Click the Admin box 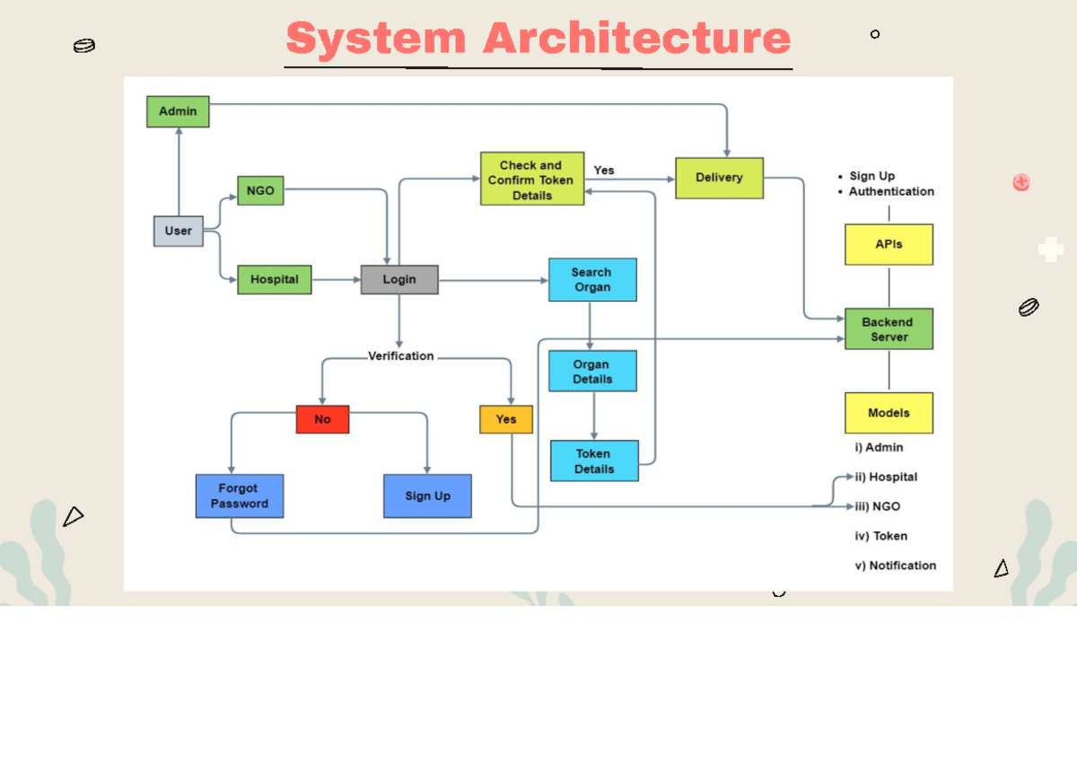(178, 111)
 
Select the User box (178, 231)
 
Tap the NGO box (260, 191)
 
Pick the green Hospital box (274, 279)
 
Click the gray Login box (399, 279)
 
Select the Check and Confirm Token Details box (531, 180)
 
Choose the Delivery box (719, 178)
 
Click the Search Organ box (591, 279)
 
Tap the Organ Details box (591, 372)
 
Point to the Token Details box (594, 461)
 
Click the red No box (322, 419)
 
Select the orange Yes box (506, 419)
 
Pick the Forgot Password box (240, 495)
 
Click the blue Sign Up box (427, 495)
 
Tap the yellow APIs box (889, 244)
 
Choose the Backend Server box (889, 329)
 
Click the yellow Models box (889, 413)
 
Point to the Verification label (400, 356)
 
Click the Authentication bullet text (891, 191)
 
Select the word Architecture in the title (636, 39)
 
